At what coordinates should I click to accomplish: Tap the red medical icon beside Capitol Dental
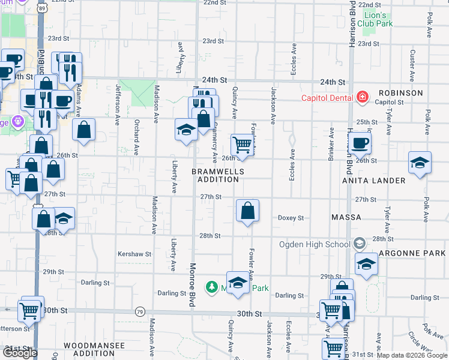(x=362, y=97)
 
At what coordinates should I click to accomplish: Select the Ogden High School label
(x=315, y=244)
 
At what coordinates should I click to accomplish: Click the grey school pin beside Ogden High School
(x=359, y=244)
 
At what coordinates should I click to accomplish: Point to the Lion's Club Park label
(x=375, y=19)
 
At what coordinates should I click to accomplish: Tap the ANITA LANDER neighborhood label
(x=373, y=180)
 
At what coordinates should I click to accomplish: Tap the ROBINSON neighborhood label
(x=400, y=93)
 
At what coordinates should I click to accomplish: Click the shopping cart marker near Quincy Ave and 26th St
(x=241, y=144)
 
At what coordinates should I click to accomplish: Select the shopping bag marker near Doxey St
(x=247, y=211)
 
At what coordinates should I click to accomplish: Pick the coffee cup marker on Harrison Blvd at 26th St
(x=360, y=143)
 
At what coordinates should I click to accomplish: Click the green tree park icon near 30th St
(x=211, y=287)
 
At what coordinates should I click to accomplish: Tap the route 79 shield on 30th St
(x=140, y=311)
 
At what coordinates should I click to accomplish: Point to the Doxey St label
(x=291, y=218)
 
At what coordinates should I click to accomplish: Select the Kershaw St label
(x=134, y=254)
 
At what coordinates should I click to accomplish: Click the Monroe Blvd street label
(x=193, y=285)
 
